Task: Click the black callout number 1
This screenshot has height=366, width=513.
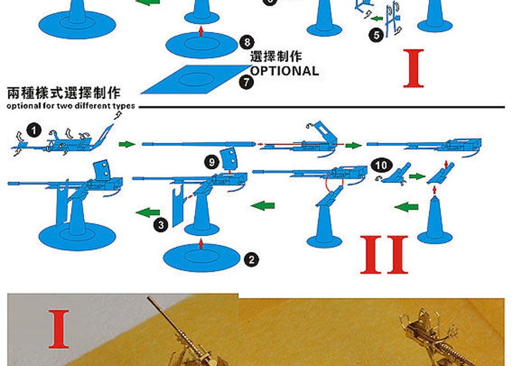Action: tap(34, 131)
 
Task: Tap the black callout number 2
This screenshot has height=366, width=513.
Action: tap(252, 260)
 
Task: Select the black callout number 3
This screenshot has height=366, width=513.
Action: tap(161, 225)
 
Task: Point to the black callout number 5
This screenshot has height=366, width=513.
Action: tap(376, 35)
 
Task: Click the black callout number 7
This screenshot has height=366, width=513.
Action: tap(246, 82)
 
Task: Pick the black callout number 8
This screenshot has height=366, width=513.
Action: tap(247, 42)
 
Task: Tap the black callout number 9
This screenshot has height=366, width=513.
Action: tap(212, 162)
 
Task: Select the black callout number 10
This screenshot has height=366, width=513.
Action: tap(381, 165)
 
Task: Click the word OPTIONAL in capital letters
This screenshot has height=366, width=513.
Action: tap(285, 71)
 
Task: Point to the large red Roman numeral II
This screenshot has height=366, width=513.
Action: tap(384, 255)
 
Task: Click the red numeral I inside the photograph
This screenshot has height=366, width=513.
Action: tap(59, 329)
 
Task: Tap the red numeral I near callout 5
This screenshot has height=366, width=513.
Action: tap(414, 68)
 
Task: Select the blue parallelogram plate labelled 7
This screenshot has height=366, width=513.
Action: tap(197, 79)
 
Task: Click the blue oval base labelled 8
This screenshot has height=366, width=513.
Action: tap(201, 45)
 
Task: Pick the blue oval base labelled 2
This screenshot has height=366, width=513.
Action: tap(200, 258)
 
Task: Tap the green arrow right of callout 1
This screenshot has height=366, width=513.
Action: tap(127, 144)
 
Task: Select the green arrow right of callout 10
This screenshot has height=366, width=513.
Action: tap(417, 176)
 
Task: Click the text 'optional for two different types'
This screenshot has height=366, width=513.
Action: tap(71, 106)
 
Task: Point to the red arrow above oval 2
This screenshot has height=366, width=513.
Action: tap(201, 244)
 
